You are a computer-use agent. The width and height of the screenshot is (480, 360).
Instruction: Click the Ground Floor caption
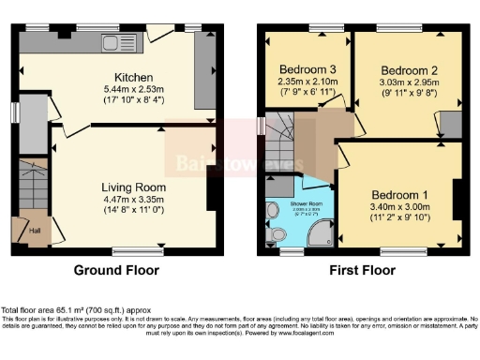point(116,271)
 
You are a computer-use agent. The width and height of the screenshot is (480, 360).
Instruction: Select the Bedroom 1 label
point(397,185)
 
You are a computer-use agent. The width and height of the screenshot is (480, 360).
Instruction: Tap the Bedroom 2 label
point(410,70)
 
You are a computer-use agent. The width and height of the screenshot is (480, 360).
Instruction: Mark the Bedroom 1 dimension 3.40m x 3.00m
point(397,198)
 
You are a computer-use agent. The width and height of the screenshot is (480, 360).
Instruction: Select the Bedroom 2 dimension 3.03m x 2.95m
point(410,82)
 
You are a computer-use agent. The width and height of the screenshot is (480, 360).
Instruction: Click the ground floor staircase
point(27,187)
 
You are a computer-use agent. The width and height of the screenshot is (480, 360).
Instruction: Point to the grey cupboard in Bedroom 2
point(451,124)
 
